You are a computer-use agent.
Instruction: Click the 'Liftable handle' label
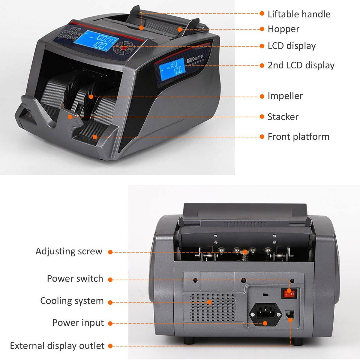(x=299, y=14)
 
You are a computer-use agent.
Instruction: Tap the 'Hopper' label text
(x=283, y=29)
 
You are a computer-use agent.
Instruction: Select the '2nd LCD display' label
(x=301, y=65)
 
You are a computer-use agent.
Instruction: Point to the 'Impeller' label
(x=285, y=96)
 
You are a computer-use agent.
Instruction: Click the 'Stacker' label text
(x=283, y=117)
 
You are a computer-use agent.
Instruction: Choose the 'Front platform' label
(x=298, y=137)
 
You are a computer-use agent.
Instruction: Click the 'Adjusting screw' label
(x=69, y=252)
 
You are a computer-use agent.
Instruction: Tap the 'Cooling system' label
(x=72, y=301)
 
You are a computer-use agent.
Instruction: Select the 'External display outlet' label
(x=57, y=346)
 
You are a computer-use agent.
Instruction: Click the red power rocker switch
(x=289, y=294)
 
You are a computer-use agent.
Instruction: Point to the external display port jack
(x=289, y=315)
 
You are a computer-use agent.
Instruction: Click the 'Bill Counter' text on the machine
(x=195, y=58)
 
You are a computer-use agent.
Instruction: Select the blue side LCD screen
(x=172, y=69)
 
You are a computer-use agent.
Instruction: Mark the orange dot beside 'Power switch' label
(x=110, y=280)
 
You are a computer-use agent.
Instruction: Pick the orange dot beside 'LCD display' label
(x=262, y=46)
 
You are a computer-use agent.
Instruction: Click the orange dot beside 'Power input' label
(x=110, y=323)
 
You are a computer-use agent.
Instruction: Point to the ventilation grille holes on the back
(x=213, y=307)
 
